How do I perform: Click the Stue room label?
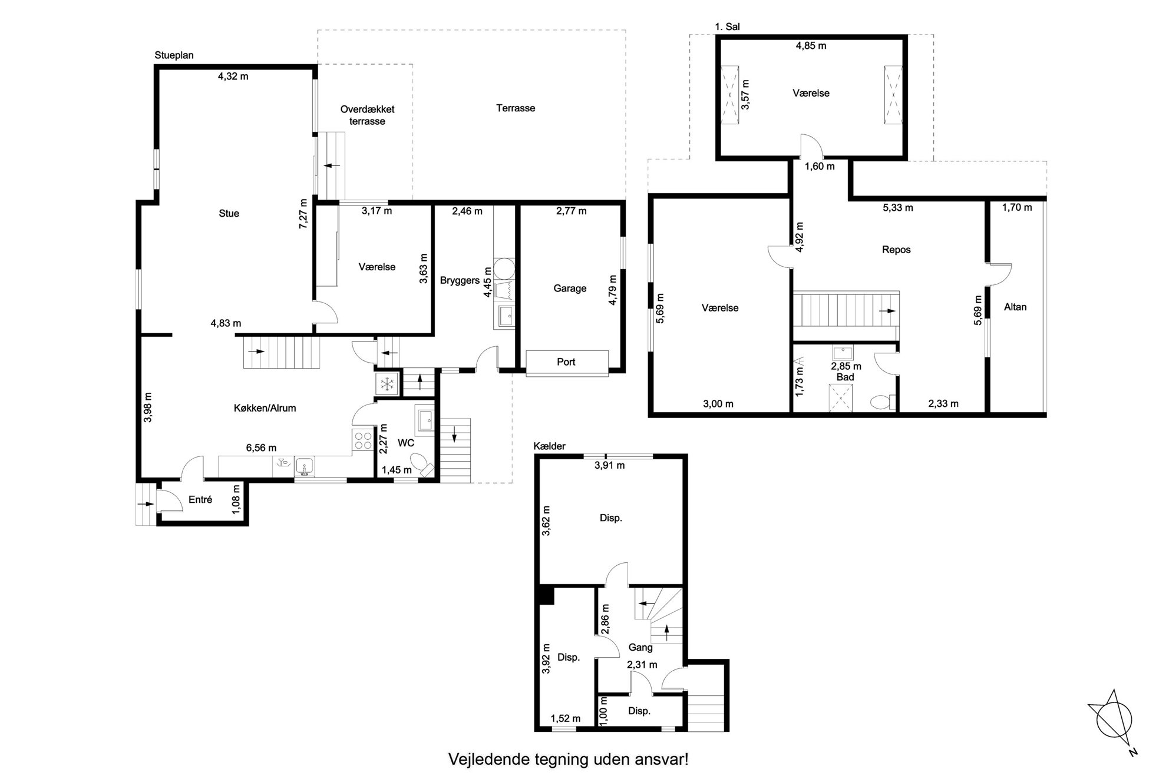tap(229, 213)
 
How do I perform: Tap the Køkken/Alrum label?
tap(265, 408)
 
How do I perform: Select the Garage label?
tap(570, 289)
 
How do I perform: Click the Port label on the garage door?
tap(566, 362)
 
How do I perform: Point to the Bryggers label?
tap(460, 281)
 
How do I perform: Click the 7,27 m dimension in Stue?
tap(303, 213)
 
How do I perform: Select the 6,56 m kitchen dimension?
tap(261, 448)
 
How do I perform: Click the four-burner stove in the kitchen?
tap(362, 441)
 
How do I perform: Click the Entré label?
tap(200, 499)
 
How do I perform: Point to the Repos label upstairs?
tap(896, 250)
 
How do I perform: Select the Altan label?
tap(1015, 307)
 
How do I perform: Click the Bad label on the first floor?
tap(846, 377)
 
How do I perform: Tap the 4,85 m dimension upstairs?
tap(811, 46)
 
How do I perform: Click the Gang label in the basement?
tap(640, 648)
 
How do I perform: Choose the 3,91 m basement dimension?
tap(610, 465)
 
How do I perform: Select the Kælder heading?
tap(549, 446)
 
